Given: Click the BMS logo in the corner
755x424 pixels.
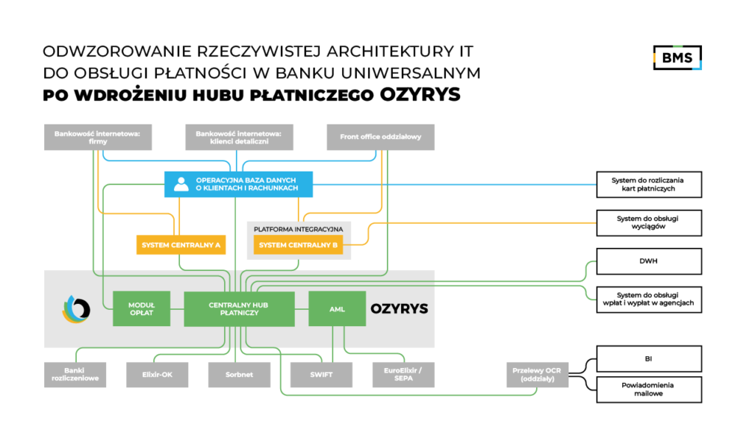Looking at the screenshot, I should point(677,57).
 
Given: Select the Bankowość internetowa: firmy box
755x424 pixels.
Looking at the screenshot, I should point(98,138).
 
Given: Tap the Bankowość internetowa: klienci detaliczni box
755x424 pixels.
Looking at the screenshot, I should point(239,138).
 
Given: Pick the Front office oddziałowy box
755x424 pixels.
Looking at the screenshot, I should point(380,138).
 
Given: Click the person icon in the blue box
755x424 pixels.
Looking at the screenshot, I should point(181,184).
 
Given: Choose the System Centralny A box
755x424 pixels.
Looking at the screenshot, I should point(181,245).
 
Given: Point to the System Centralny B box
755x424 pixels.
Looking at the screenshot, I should point(299,245).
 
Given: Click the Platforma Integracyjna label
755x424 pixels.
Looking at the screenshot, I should point(298,230).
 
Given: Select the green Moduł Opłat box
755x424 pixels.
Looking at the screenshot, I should point(142,308).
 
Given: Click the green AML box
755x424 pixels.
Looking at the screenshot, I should point(337,308).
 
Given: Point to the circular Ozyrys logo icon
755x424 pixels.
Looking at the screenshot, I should point(76,309).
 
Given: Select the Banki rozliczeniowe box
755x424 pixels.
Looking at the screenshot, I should point(75,375).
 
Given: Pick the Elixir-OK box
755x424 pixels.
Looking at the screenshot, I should point(157,375).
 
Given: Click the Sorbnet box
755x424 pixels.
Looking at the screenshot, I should point(239,375).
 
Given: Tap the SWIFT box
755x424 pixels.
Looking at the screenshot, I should point(321,375).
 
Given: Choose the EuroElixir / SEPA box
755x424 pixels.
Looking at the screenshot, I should point(403,375).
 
